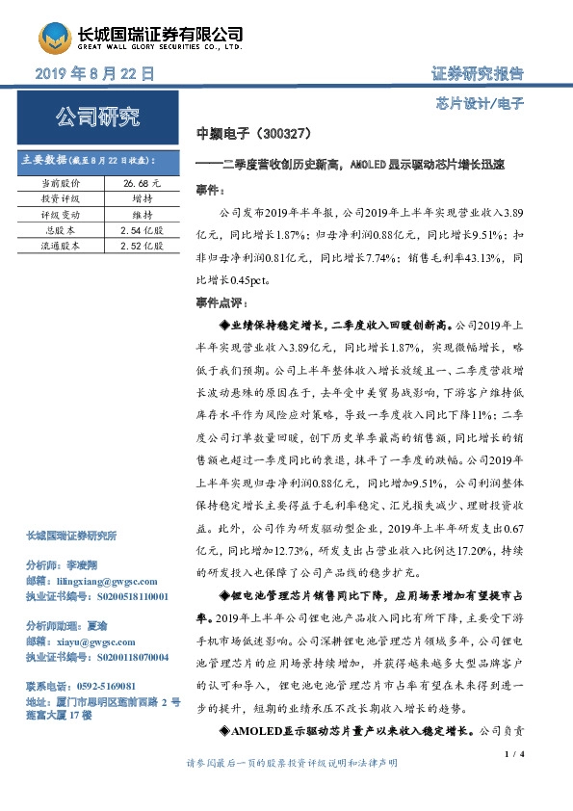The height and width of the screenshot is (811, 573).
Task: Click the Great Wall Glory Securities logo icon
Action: point(54,39)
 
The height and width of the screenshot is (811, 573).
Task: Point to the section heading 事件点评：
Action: point(221,304)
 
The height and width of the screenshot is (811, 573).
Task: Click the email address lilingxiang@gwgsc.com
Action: point(95,583)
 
